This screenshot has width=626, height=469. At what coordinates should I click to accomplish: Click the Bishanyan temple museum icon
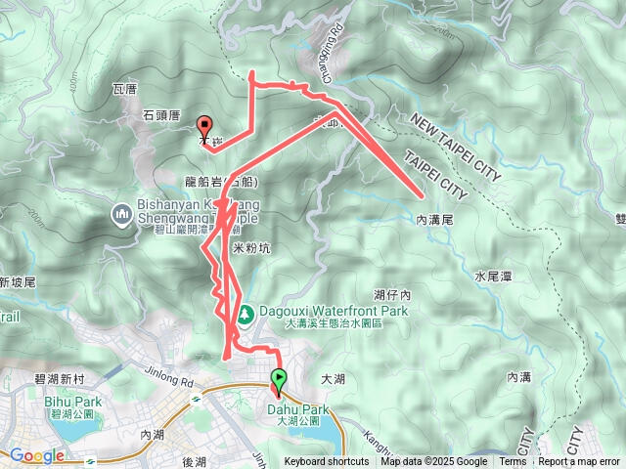tap(121, 212)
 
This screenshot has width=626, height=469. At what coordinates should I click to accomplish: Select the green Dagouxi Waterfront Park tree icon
tap(246, 314)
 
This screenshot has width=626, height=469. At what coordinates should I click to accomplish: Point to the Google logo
tap(36, 455)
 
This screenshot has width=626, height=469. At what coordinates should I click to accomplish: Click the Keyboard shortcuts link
tap(327, 462)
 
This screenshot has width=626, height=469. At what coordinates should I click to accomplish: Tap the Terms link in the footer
tap(513, 462)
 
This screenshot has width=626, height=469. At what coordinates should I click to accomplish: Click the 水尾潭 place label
tap(493, 277)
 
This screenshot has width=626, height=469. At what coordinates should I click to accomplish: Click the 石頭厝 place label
tap(160, 115)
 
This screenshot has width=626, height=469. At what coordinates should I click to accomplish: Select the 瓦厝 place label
tap(124, 89)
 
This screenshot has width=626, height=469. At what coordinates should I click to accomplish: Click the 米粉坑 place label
tap(251, 249)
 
